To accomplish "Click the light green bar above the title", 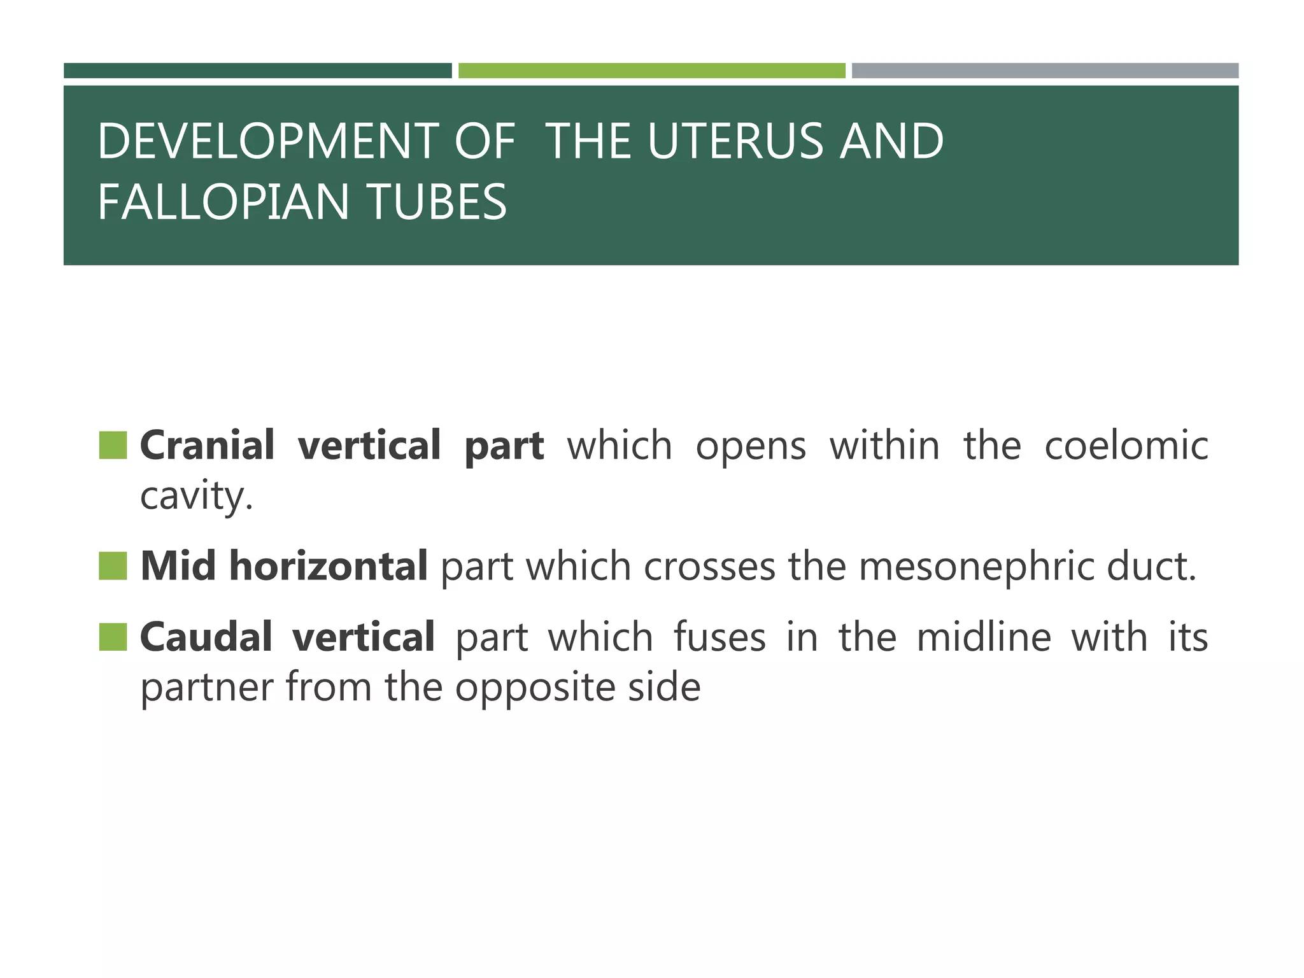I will [x=651, y=71].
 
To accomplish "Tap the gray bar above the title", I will [x=1045, y=71].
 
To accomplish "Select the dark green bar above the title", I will [x=257, y=71].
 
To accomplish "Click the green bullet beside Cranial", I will [x=113, y=445].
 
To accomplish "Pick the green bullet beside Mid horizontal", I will [x=113, y=566].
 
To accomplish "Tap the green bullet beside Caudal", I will [x=113, y=637].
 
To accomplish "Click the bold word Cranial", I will [x=207, y=445].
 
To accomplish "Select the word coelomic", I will [x=1126, y=445].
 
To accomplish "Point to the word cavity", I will [x=195, y=497].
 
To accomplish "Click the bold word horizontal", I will [x=328, y=566].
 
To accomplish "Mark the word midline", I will [x=983, y=637].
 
